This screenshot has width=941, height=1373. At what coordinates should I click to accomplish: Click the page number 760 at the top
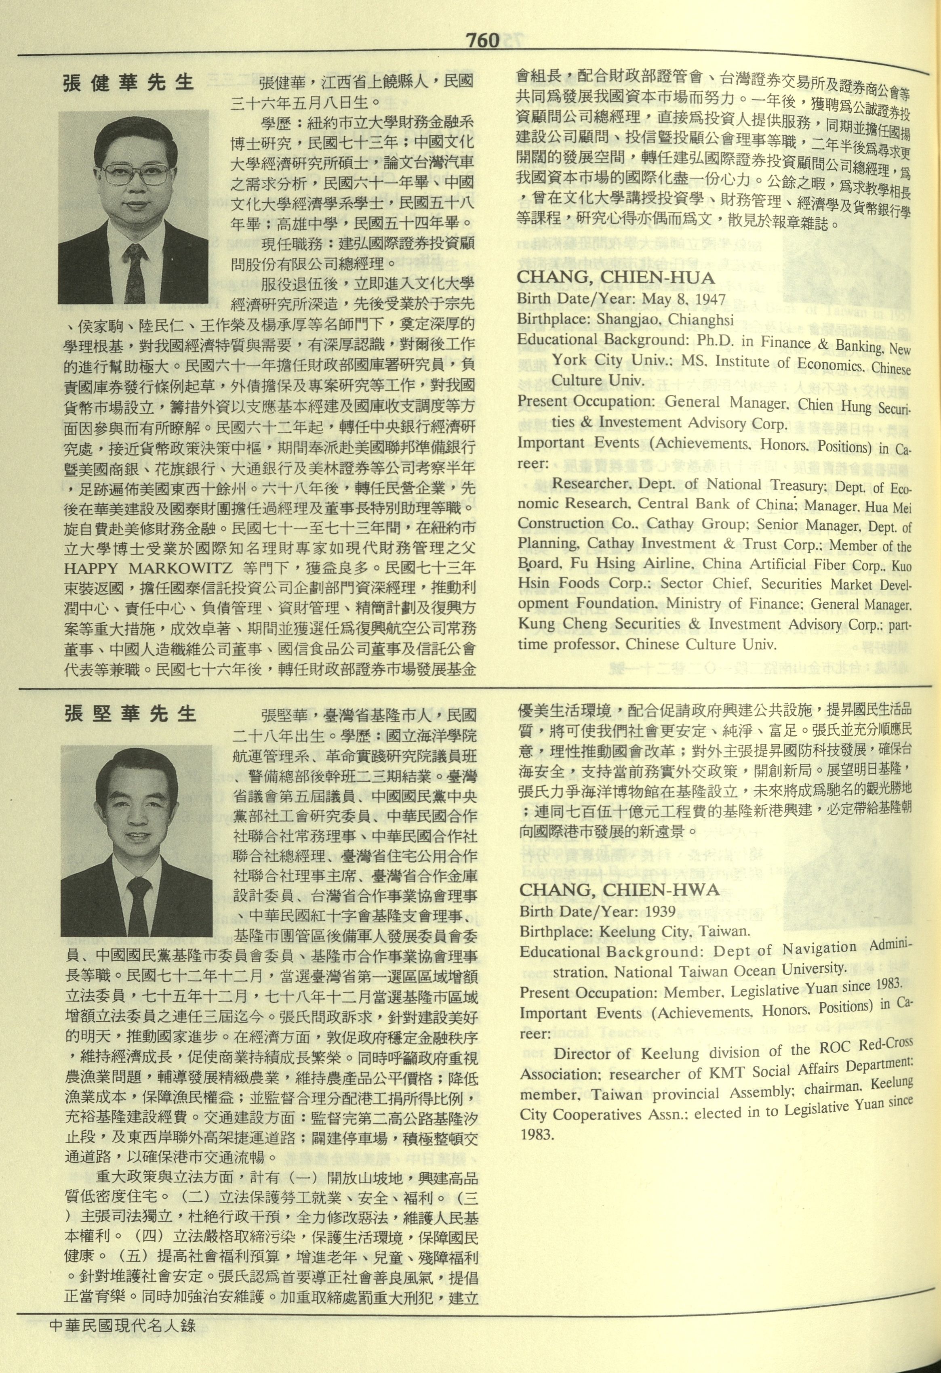(482, 40)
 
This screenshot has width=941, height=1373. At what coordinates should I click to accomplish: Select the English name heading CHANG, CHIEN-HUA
(616, 278)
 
